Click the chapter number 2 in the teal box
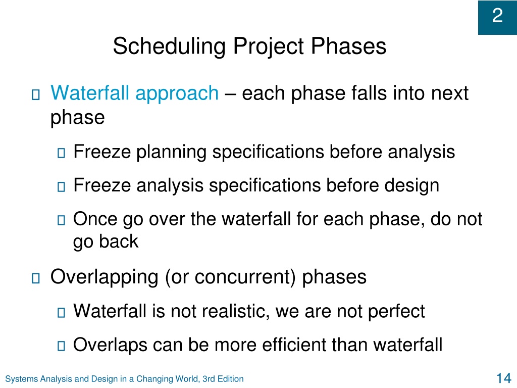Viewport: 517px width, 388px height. (497, 16)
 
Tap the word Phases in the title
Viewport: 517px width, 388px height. (348, 46)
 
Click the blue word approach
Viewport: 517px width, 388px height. (177, 94)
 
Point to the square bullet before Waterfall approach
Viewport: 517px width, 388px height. (36, 94)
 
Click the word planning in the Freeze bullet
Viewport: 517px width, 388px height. (172, 153)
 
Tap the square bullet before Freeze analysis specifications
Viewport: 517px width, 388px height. (61, 186)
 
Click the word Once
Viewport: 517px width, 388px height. (95, 219)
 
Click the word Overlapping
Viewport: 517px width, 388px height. (104, 277)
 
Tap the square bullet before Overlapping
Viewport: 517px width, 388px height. (36, 278)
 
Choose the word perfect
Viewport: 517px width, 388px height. (396, 312)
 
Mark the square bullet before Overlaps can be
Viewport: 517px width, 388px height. (61, 346)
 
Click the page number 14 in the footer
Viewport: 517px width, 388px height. (504, 378)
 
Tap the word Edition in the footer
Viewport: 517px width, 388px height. (230, 379)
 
